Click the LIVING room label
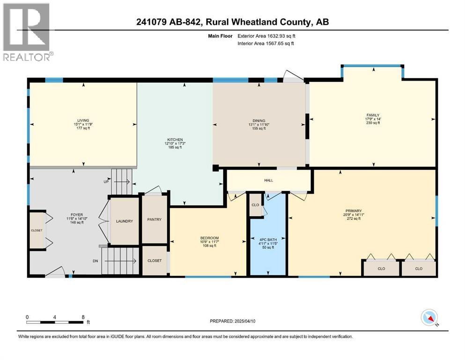[84, 120]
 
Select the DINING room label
[259, 121]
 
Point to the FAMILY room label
[373, 115]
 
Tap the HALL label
[268, 180]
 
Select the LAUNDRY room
[124, 221]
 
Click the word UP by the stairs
[106, 181]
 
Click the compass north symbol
[429, 317]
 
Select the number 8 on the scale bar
[83, 316]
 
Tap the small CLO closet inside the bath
[255, 205]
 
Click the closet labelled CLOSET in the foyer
[36, 230]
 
